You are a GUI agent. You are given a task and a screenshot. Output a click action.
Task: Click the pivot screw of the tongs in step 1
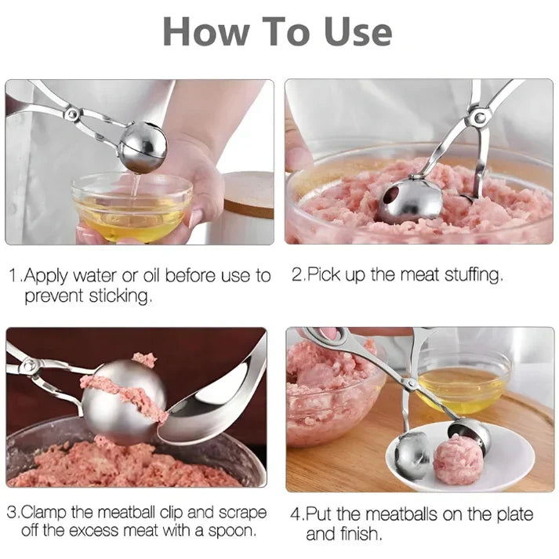pyautogui.click(x=72, y=114)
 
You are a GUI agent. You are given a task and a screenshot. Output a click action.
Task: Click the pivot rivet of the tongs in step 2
pyautogui.click(x=477, y=118)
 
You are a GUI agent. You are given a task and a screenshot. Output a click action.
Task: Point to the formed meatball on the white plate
pyautogui.click(x=456, y=458)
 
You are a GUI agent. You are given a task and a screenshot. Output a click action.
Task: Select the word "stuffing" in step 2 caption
pyautogui.click(x=472, y=275)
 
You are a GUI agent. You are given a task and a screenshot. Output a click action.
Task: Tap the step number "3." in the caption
pyautogui.click(x=13, y=513)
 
